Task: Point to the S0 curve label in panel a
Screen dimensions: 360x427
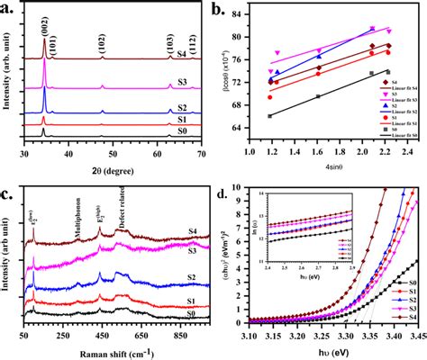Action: tap(183, 131)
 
